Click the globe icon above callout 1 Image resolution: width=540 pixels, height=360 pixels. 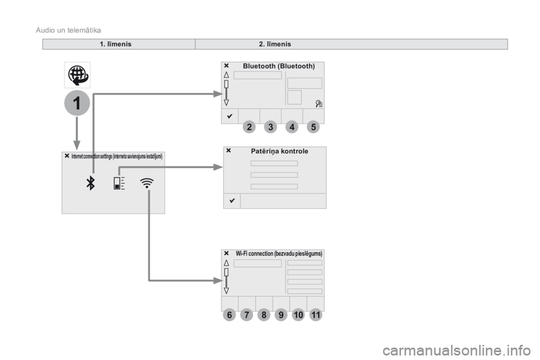pyautogui.click(x=78, y=75)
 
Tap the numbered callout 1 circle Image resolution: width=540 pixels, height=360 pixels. pyautogui.click(x=77, y=103)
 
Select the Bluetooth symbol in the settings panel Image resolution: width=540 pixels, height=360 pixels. pyautogui.click(x=91, y=183)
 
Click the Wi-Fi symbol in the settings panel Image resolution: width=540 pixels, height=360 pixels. pyautogui.click(x=147, y=183)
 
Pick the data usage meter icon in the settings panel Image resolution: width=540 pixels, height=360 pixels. pyautogui.click(x=119, y=183)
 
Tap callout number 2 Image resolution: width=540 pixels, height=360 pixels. pyautogui.click(x=249, y=127)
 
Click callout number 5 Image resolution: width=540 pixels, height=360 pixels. pyautogui.click(x=313, y=127)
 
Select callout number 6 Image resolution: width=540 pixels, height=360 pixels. pyautogui.click(x=229, y=315)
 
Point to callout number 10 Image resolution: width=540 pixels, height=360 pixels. pyautogui.click(x=298, y=315)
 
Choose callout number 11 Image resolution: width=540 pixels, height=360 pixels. pyautogui.click(x=316, y=315)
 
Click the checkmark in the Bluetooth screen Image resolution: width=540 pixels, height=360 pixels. pyautogui.click(x=229, y=116)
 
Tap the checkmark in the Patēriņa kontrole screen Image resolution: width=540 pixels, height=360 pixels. pyautogui.click(x=232, y=200)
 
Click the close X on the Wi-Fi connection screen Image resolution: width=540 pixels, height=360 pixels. pyautogui.click(x=226, y=253)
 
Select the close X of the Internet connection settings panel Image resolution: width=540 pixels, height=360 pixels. pyautogui.click(x=67, y=156)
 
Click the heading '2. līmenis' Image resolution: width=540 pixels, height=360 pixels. pyautogui.click(x=275, y=44)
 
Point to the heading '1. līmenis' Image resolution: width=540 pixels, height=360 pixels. pyautogui.click(x=115, y=44)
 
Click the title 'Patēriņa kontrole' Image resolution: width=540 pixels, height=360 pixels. pyautogui.click(x=280, y=151)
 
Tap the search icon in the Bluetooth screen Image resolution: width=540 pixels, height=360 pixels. pyautogui.click(x=319, y=103)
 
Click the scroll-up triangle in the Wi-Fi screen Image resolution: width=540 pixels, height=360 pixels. pyautogui.click(x=226, y=263)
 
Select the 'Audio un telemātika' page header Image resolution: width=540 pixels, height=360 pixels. pyautogui.click(x=68, y=30)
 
